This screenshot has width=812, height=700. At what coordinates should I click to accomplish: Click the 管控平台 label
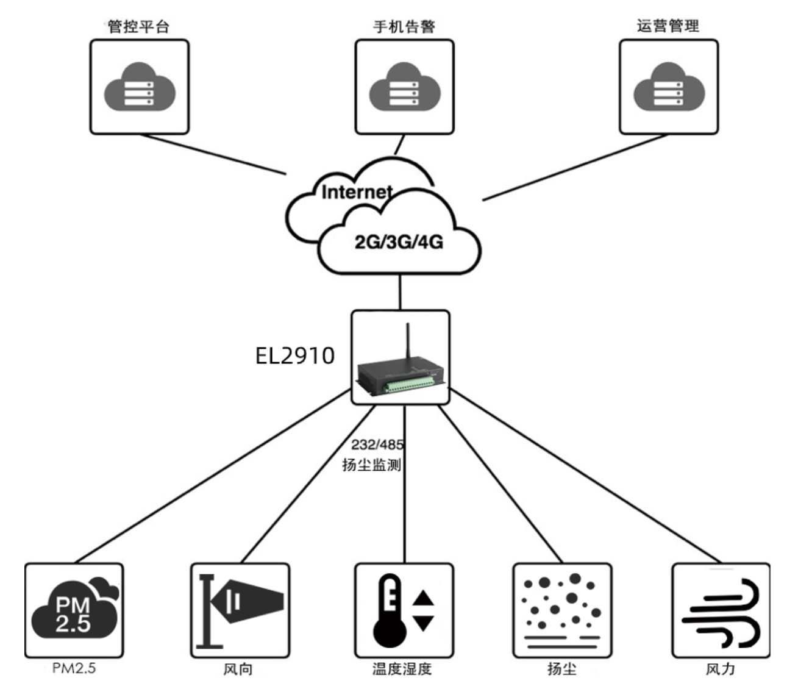pos(138,26)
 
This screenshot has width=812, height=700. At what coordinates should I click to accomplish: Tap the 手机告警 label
pos(404,26)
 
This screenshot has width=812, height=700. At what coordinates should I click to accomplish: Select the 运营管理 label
pos(668,26)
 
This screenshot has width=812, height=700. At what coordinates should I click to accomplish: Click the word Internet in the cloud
pos(357,192)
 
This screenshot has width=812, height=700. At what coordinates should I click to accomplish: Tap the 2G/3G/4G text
pos(399,242)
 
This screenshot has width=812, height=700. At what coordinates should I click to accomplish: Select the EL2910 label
pos(295,355)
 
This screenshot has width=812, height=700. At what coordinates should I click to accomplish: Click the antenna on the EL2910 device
pos(408,341)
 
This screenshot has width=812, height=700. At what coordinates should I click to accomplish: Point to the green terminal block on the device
pos(410,384)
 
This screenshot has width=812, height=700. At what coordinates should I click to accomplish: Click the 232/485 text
pos(377,445)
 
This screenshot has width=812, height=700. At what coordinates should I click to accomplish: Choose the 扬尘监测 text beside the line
pos(371,465)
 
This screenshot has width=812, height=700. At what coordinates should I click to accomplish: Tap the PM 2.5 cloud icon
pos(74,611)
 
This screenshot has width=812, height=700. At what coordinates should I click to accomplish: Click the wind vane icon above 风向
pos(240,610)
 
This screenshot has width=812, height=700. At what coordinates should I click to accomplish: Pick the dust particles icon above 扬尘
pos(561,610)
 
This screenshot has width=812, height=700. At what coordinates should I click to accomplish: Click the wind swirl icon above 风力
pos(721,612)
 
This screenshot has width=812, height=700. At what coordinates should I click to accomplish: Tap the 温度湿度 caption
pos(402,669)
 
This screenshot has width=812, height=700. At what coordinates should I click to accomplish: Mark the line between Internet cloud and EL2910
pos(401,293)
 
